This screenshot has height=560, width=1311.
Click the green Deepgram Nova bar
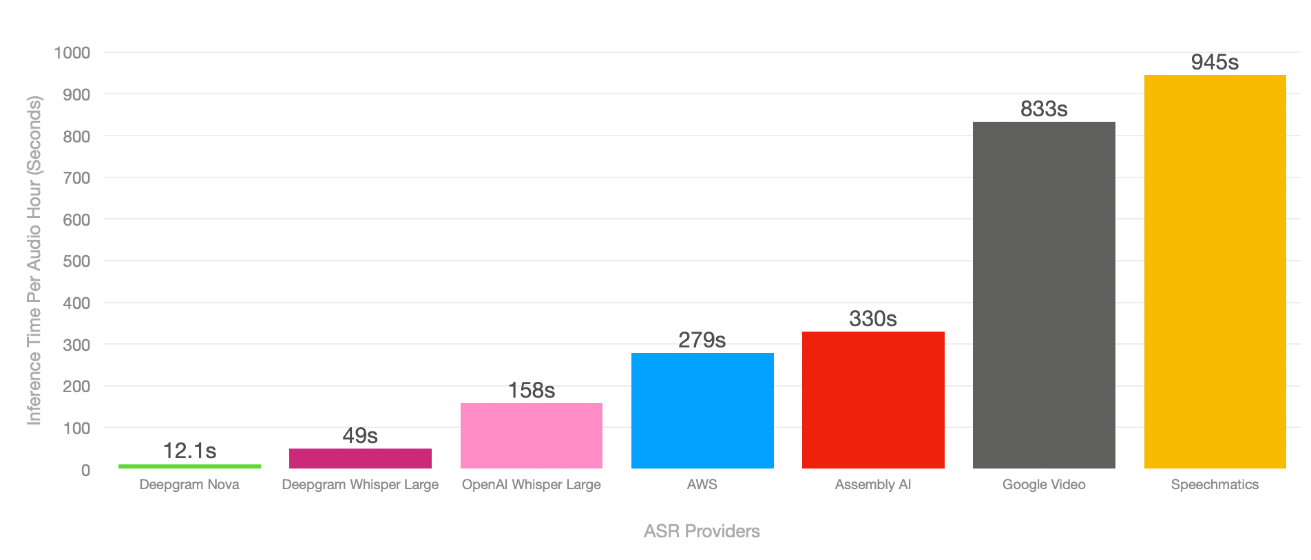(189, 466)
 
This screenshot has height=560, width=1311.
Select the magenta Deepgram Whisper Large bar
(360, 458)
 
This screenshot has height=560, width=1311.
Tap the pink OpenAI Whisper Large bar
(532, 435)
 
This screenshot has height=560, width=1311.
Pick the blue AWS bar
(702, 411)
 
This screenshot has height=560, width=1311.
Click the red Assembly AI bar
(873, 400)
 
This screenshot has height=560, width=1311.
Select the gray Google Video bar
(1044, 295)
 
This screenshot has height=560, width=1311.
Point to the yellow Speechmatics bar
(1215, 272)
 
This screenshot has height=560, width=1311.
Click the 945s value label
(1215, 63)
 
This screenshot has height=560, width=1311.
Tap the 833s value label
(1044, 109)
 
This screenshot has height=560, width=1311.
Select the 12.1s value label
(189, 451)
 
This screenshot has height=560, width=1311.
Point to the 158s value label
(532, 391)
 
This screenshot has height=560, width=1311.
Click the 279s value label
(702, 341)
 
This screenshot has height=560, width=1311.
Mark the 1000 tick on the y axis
(72, 53)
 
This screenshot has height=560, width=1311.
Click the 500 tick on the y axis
(76, 261)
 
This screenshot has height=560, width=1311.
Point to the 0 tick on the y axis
(85, 471)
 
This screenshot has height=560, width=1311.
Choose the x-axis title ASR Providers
(702, 531)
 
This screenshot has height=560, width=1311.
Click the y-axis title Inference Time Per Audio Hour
(34, 261)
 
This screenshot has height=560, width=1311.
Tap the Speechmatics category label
(1215, 484)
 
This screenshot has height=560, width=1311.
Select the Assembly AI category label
(873, 484)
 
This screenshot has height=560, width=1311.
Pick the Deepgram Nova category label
(189, 484)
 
